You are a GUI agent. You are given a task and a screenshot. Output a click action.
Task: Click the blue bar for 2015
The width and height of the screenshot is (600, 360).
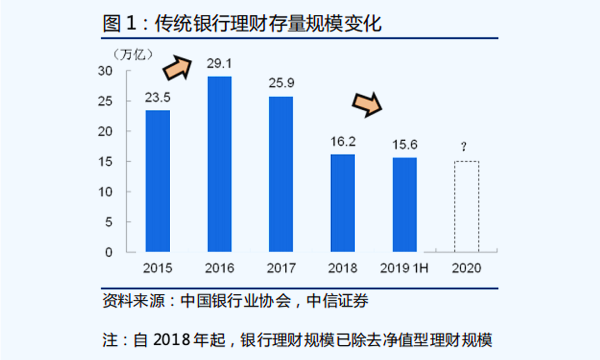click(158, 181)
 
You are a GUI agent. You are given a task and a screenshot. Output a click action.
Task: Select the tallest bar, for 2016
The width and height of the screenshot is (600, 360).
click(219, 164)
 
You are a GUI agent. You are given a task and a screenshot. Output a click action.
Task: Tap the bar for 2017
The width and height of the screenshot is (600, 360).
click(281, 174)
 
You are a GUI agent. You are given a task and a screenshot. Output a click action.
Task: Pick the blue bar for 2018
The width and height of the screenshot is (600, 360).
click(343, 203)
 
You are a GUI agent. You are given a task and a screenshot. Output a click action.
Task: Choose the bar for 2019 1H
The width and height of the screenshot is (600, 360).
click(404, 204)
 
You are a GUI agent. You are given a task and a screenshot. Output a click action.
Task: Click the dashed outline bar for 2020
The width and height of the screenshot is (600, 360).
click(467, 206)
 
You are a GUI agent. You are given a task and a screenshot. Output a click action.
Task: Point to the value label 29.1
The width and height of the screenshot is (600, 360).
click(219, 64)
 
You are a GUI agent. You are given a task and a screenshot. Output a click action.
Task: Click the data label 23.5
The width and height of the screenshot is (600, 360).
click(158, 98)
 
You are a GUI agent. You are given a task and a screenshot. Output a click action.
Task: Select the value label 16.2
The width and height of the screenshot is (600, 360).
click(343, 142)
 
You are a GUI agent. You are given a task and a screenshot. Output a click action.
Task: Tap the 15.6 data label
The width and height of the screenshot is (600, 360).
click(404, 145)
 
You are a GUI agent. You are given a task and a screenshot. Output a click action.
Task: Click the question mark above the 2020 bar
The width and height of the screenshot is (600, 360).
click(463, 147)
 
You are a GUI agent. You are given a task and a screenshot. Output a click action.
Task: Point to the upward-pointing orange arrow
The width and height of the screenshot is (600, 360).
click(177, 67)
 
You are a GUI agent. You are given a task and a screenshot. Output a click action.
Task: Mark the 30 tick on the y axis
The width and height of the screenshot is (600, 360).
click(106, 71)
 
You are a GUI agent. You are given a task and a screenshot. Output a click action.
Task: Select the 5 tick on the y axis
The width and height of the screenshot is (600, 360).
click(109, 222)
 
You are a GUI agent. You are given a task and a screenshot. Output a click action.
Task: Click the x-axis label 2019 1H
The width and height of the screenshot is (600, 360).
click(404, 268)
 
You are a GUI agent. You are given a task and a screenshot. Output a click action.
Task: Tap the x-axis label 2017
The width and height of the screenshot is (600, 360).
click(281, 268)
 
